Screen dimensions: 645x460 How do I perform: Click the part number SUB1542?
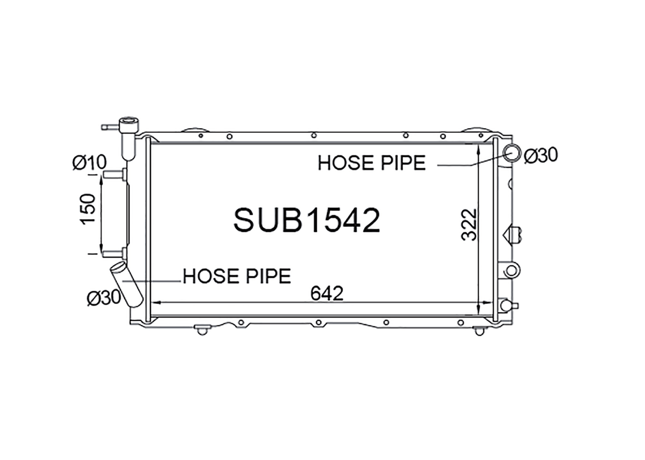307,220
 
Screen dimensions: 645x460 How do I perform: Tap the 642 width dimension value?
327,293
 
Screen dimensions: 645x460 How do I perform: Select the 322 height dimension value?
469,225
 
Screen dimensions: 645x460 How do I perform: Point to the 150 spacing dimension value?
88,209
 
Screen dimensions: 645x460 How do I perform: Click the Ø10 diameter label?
89,162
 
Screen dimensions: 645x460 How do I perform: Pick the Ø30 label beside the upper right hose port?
541,155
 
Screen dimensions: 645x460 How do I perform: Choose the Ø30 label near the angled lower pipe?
104,297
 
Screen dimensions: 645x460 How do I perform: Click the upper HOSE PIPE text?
372,163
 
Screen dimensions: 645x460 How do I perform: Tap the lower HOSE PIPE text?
236,277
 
